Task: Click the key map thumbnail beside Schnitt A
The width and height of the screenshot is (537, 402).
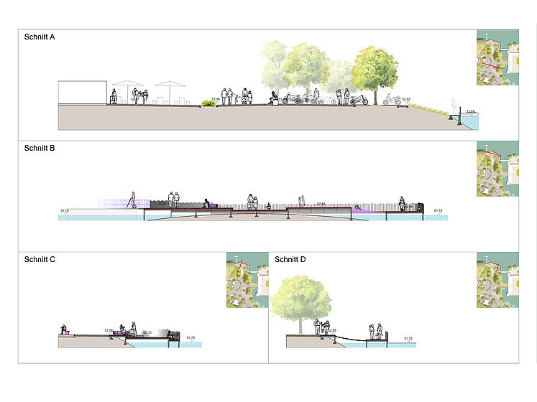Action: click(497, 57)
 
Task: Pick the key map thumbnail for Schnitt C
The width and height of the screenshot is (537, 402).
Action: click(245, 281)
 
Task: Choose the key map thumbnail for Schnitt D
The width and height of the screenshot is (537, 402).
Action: click(497, 281)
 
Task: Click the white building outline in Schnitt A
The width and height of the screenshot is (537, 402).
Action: click(83, 94)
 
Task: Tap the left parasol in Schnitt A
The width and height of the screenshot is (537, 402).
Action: click(127, 85)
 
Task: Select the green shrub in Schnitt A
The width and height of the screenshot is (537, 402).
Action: click(208, 104)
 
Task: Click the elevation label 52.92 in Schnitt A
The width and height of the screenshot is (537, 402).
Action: click(406, 99)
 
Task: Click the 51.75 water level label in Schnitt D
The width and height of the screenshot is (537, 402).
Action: click(408, 338)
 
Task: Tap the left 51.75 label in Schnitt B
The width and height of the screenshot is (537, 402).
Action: click(64, 210)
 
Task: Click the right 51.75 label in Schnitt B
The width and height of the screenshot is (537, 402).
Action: click(438, 210)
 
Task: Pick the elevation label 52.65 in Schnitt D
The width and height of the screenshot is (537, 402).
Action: click(332, 330)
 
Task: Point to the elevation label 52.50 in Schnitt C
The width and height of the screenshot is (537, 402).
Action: click(109, 330)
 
